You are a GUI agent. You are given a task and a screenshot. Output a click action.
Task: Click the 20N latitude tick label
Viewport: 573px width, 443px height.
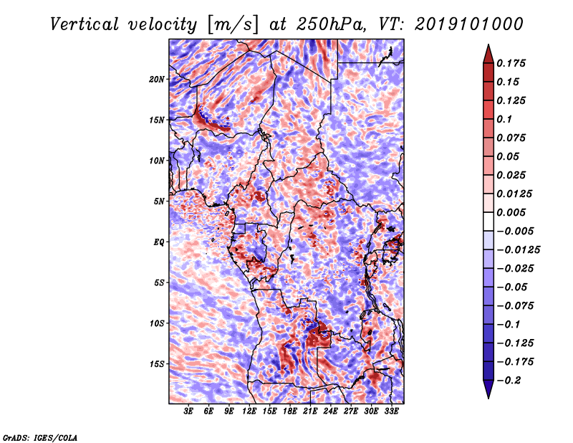pyautogui.click(x=157, y=79)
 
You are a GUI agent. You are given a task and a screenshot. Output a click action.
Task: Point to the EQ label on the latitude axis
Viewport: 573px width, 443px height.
pyautogui.click(x=159, y=242)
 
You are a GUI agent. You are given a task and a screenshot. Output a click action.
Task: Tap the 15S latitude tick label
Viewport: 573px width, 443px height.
pyautogui.click(x=157, y=364)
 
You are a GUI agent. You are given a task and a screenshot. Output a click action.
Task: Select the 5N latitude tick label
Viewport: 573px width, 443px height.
pyautogui.click(x=159, y=201)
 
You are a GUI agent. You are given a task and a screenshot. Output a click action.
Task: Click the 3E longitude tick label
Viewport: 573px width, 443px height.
pyautogui.click(x=188, y=411)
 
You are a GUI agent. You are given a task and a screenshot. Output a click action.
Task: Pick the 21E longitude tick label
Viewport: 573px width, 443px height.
pyautogui.click(x=310, y=411)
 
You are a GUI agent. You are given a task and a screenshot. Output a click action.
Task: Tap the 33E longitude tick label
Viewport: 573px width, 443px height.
pyautogui.click(x=391, y=411)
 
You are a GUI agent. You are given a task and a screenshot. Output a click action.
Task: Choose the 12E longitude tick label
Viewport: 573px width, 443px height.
pyautogui.click(x=249, y=411)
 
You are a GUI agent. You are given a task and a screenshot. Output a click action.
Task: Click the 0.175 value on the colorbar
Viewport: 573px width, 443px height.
pyautogui.click(x=511, y=63)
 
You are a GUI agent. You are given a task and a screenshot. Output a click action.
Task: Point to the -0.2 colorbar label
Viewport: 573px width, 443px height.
pyautogui.click(x=509, y=381)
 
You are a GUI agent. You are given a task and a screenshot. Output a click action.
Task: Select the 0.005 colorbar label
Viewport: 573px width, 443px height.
pyautogui.click(x=511, y=212)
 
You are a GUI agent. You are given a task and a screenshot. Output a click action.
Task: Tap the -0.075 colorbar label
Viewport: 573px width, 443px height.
pyautogui.click(x=515, y=306)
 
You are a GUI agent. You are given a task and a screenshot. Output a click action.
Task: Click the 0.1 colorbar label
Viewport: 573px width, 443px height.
pyautogui.click(x=504, y=119)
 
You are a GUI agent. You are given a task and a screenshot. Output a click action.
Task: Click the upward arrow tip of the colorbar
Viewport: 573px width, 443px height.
pyautogui.click(x=488, y=44)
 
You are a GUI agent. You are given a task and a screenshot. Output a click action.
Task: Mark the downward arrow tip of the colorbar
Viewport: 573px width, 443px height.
pyautogui.click(x=488, y=398)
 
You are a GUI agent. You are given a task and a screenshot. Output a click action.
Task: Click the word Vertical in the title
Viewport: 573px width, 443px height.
pyautogui.click(x=84, y=24)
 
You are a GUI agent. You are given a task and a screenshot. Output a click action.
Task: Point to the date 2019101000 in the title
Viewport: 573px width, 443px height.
pyautogui.click(x=469, y=24)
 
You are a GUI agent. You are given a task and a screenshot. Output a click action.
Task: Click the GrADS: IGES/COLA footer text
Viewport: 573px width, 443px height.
pyautogui.click(x=40, y=438)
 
